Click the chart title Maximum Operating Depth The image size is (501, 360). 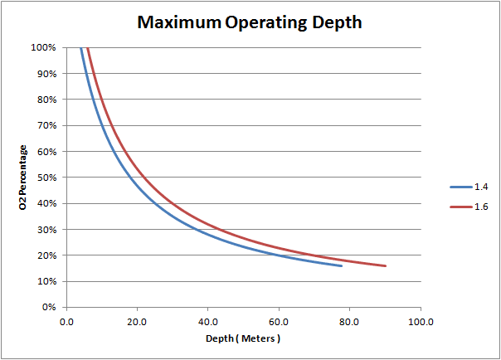250,22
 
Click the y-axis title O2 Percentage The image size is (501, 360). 24,177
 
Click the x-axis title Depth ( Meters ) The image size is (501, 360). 243,340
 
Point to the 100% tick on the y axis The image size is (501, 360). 43,47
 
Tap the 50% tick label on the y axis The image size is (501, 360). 46,178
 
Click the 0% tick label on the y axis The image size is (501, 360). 48,308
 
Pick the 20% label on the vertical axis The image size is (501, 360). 46,255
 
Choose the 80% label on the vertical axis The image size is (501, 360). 46,100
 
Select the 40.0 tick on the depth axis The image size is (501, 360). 208,321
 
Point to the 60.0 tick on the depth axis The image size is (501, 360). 279,321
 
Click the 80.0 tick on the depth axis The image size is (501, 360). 350,321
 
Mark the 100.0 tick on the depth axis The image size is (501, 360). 421,321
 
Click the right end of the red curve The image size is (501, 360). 386,265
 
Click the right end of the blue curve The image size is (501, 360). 342,265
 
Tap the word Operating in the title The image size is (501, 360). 267,22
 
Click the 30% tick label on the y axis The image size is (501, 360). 46,230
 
